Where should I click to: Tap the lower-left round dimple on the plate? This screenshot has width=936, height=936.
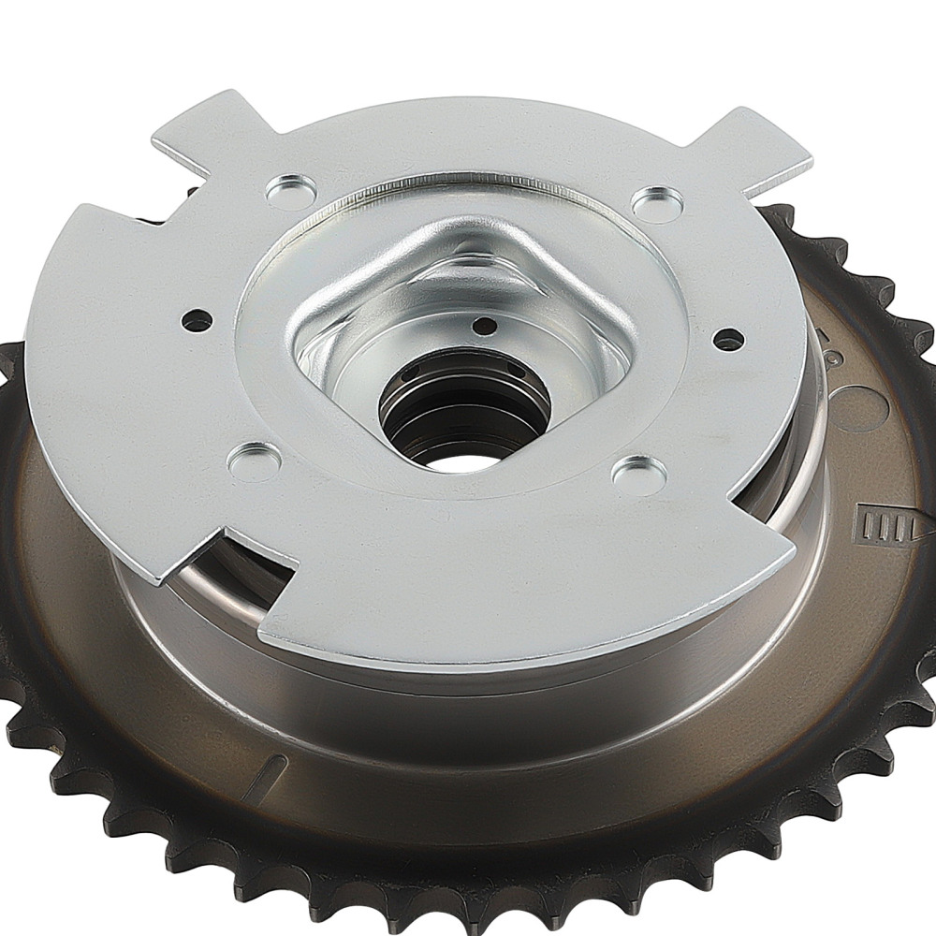click(254, 461)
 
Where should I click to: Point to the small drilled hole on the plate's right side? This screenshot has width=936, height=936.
click(728, 340)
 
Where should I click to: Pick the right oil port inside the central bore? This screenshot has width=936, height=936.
click(519, 373)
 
